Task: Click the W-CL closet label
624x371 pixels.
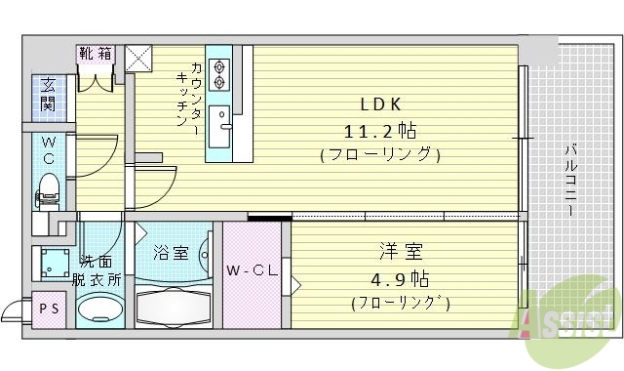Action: tap(249, 269)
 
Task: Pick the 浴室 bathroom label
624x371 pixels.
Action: tap(170, 252)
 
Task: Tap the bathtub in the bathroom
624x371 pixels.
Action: tap(174, 307)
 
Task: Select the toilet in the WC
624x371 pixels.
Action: tap(48, 188)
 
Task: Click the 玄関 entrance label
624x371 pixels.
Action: tap(48, 93)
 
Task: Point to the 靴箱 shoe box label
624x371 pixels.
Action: tap(96, 55)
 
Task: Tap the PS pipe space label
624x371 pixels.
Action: tap(49, 308)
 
